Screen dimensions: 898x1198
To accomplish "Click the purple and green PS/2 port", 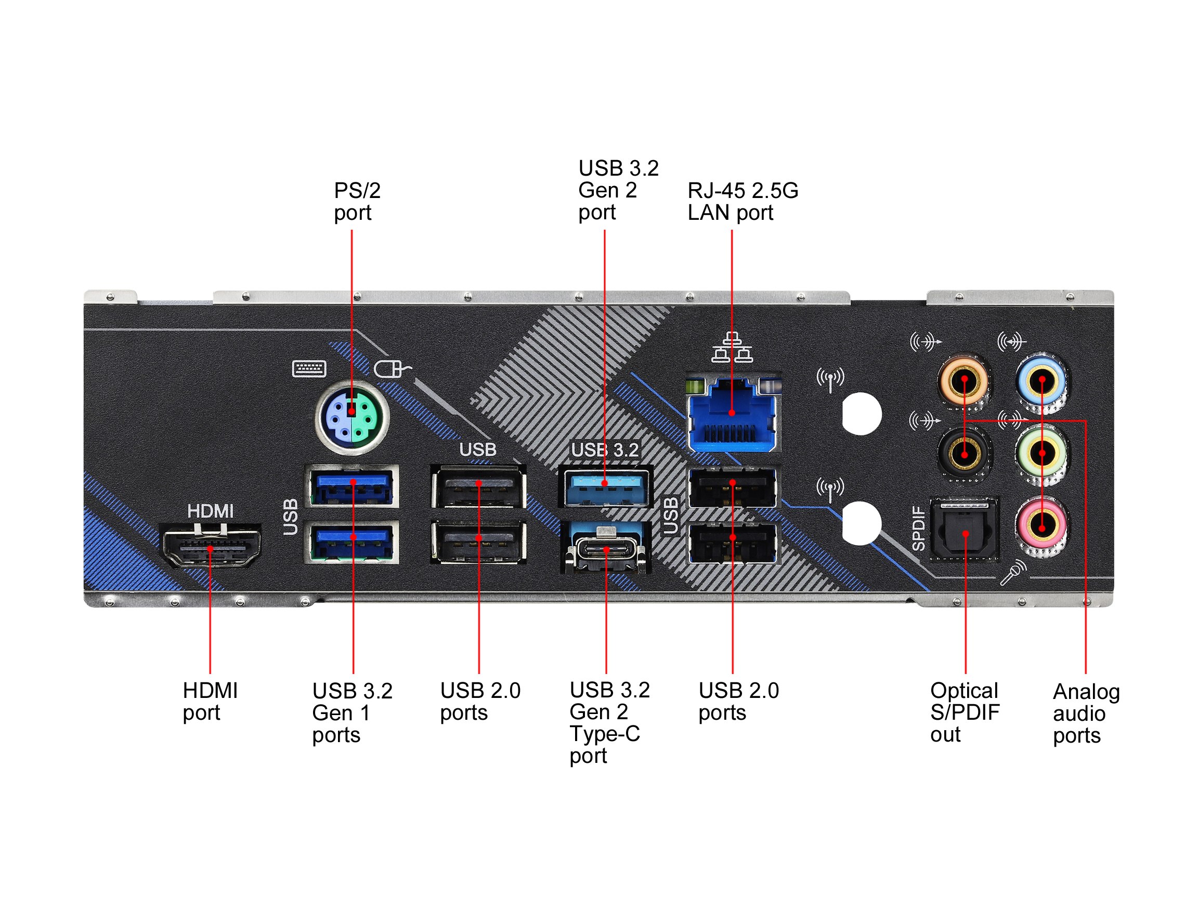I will point(352,417).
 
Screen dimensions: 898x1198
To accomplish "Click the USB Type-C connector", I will point(607,549).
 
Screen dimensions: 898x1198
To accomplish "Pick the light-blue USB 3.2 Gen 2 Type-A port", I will point(605,486).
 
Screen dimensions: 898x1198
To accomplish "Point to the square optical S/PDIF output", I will point(965,531).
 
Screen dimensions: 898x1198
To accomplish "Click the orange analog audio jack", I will point(965,381).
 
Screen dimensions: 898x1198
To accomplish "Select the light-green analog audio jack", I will point(1041,453).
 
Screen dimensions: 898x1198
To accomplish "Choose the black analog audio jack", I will point(965,453).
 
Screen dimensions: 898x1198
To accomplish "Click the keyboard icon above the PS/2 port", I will point(309,368).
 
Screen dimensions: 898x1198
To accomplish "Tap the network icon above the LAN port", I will point(732,348).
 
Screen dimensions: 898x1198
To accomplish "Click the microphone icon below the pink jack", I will point(1013,572).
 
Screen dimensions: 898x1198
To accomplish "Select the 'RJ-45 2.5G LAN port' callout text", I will point(743,201).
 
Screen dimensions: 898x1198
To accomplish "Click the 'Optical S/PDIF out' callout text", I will point(965,712).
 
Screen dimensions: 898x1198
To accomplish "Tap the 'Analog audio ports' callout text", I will point(1086,714).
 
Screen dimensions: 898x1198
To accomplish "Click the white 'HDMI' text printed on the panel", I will point(210,511).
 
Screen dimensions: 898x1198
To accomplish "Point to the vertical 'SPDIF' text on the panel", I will point(919,528).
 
